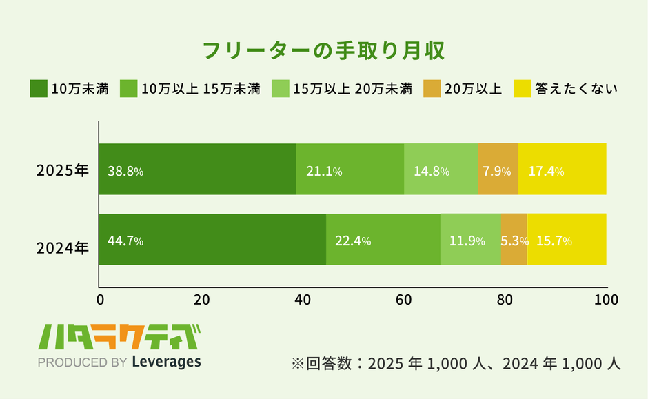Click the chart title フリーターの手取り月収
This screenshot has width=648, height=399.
click(x=323, y=51)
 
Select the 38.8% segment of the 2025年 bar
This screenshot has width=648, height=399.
click(x=197, y=170)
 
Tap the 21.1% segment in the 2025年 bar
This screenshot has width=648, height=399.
click(x=350, y=170)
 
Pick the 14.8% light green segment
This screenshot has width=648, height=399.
click(x=441, y=170)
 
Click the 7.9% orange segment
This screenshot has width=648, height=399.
click(x=498, y=170)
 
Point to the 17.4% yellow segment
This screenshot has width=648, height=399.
click(x=562, y=170)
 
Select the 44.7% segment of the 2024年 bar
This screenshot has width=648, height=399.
click(x=212, y=240)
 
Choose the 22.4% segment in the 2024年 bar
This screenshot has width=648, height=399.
click(x=383, y=240)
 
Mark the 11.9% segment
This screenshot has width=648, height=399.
click(x=470, y=240)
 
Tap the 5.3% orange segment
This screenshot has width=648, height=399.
click(x=514, y=240)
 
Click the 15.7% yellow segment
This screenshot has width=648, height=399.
click(x=567, y=240)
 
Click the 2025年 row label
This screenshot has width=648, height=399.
click(x=63, y=170)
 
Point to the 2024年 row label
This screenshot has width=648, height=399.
click(x=63, y=246)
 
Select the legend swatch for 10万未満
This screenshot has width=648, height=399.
click(x=38, y=89)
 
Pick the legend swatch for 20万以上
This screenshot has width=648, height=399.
click(x=432, y=89)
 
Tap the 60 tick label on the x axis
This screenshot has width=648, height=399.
click(x=403, y=300)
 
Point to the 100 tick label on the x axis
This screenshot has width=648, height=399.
click(x=606, y=300)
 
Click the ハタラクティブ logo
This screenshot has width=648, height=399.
click(x=119, y=338)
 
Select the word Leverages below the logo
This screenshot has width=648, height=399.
click(x=166, y=362)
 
